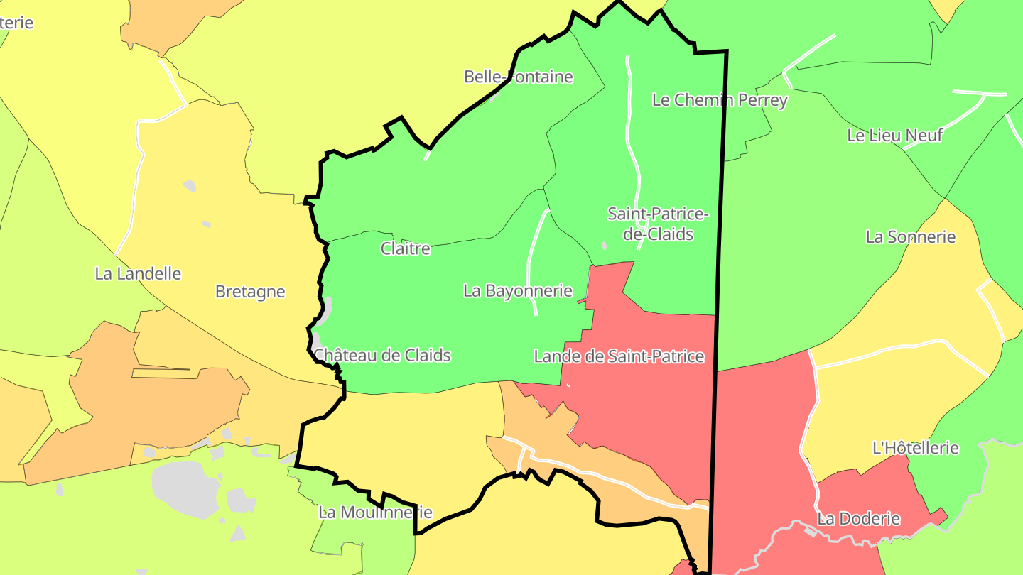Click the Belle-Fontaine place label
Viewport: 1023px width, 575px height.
coord(518,77)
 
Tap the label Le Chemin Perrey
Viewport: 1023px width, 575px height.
coord(720,100)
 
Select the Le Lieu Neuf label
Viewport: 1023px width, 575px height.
coord(894,135)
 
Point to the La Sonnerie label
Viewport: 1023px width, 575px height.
coord(910,237)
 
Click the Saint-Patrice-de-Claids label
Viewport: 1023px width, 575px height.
coord(658,224)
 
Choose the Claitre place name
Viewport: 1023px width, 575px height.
coord(405,248)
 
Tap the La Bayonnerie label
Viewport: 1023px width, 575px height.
coord(517,290)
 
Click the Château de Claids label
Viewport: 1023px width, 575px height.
coord(382,355)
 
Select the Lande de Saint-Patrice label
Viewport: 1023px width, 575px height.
coord(619,356)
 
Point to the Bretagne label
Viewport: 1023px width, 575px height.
coord(250,292)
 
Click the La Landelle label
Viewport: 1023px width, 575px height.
coord(138,273)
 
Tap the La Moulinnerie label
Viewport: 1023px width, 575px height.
coord(374,512)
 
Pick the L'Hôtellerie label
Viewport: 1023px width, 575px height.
coord(915,448)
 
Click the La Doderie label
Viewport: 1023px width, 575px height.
coord(858,519)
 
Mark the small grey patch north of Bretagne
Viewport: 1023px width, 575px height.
coord(190,186)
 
